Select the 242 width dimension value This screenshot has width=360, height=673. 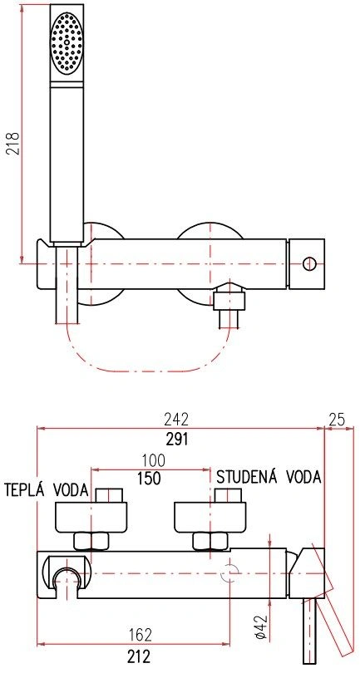tap(176, 419)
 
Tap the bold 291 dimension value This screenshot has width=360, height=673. tap(177, 439)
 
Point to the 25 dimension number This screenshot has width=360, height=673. tap(337, 420)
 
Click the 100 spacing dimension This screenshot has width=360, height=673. tap(154, 460)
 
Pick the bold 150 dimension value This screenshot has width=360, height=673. tap(149, 478)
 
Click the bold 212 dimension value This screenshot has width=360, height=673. tap(139, 656)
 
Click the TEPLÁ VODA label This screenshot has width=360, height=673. tap(47, 489)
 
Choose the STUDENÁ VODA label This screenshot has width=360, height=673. tap(269, 477)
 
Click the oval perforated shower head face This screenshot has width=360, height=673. tap(67, 42)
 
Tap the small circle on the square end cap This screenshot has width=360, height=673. tap(308, 263)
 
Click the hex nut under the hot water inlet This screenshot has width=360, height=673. tap(91, 541)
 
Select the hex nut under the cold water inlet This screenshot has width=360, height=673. tap(210, 541)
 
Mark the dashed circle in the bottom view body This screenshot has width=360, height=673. tap(230, 573)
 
